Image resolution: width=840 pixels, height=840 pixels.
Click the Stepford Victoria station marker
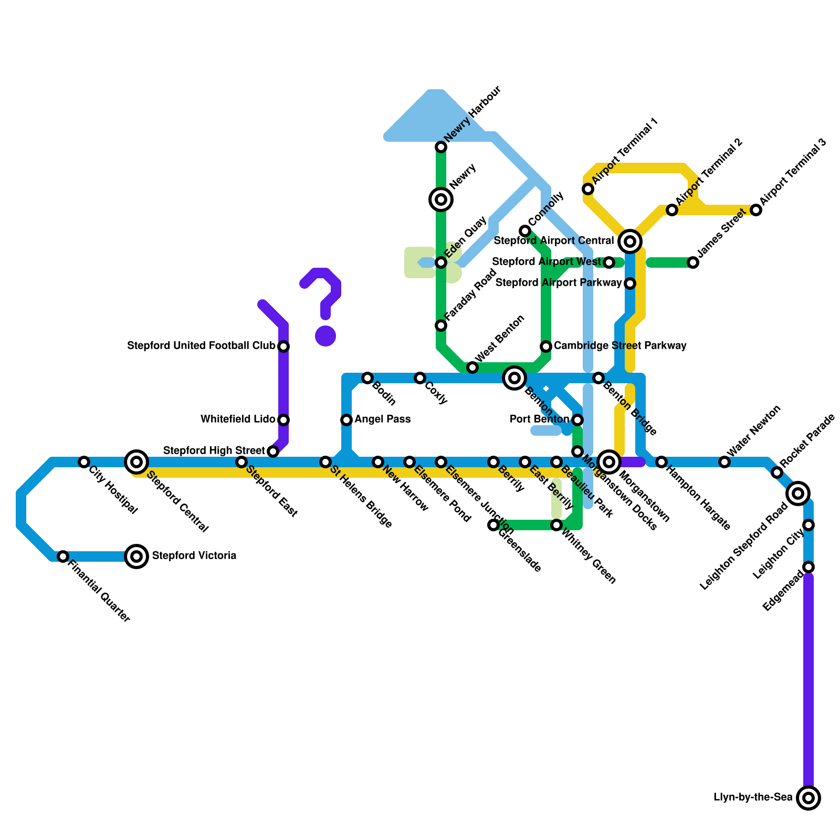pos(136,556)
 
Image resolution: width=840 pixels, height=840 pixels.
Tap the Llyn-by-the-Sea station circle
pos(808,798)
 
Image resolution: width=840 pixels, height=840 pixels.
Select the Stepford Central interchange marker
pos(136,462)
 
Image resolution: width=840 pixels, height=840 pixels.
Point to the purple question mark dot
pos(325,336)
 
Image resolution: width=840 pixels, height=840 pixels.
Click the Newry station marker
pos(441,199)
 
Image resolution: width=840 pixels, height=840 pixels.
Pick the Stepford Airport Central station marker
pos(630,241)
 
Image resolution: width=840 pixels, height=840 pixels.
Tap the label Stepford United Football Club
pos(202,346)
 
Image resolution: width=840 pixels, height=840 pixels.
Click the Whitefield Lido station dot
pos(283,420)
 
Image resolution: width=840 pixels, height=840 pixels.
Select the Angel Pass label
pos(382,419)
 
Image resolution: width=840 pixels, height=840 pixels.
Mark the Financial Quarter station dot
pos(63,556)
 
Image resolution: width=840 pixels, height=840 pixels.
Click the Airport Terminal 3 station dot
pos(756,210)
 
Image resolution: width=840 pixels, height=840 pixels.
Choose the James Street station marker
pos(693,262)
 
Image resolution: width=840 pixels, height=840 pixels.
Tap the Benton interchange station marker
pos(514,378)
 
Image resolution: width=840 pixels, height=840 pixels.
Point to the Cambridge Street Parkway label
pos(620,346)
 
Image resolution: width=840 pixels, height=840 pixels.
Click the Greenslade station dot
pos(493,525)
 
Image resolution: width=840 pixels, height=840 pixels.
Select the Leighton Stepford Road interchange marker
pos(798,493)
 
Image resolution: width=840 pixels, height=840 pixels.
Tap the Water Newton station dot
pos(724,462)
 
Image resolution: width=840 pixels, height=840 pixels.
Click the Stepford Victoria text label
pos(194,556)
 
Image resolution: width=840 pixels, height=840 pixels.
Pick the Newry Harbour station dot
pos(441,147)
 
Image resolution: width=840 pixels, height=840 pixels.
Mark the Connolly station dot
pos(525,231)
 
